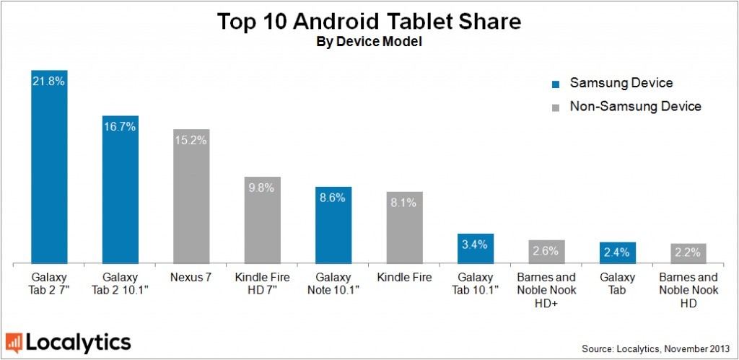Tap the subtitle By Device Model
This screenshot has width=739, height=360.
pos(369,43)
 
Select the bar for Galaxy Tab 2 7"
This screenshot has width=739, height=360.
pos(49,170)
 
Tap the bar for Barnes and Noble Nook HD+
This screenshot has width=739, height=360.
pos(546,252)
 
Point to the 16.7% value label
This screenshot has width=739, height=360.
pos(120,126)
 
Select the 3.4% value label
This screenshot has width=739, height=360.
pos(475,245)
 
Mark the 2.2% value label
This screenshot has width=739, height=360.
pos(688,253)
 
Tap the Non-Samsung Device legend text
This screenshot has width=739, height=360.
pos(635,107)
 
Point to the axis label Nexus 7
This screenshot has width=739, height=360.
pos(191,278)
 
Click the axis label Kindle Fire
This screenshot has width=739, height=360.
pos(404,278)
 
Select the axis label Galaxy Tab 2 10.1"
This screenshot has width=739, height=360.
pos(120,284)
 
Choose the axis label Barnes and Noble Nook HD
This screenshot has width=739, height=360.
pos(688,289)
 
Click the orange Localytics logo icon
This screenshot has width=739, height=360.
pos(14,342)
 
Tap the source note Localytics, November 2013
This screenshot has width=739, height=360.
pos(658,348)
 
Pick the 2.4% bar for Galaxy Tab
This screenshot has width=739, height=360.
pos(618,253)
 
